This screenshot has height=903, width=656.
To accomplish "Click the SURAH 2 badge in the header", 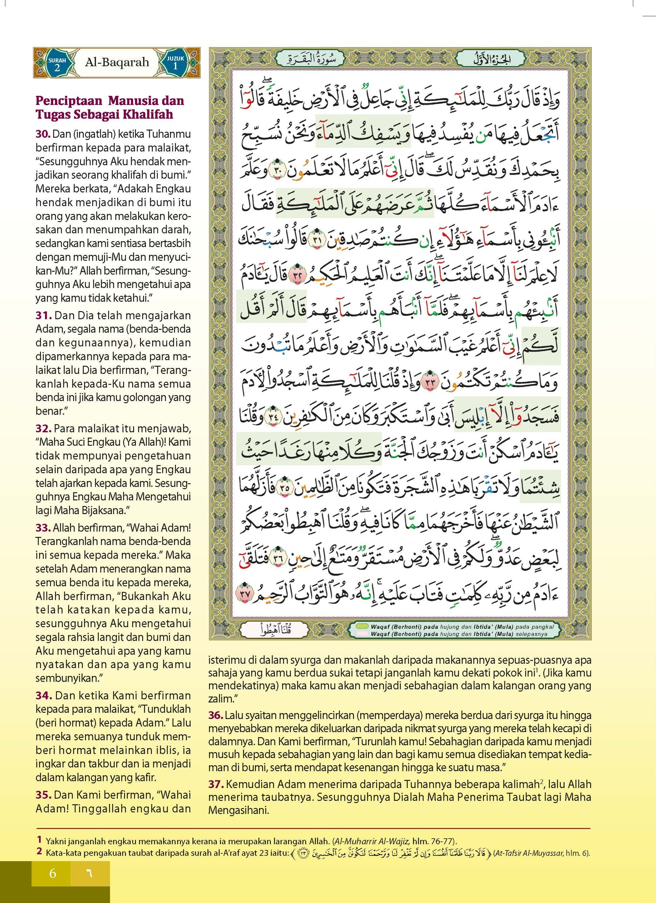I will pos(57,64).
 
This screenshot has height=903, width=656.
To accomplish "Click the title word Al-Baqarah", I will pos(117,62).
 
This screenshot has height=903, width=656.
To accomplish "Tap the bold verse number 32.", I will pos(43,429).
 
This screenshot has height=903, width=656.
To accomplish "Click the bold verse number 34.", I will pos(44,696).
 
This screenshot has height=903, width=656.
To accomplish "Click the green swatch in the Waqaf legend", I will pos(362,626).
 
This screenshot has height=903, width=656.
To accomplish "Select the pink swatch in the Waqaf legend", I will pos(362,634).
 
